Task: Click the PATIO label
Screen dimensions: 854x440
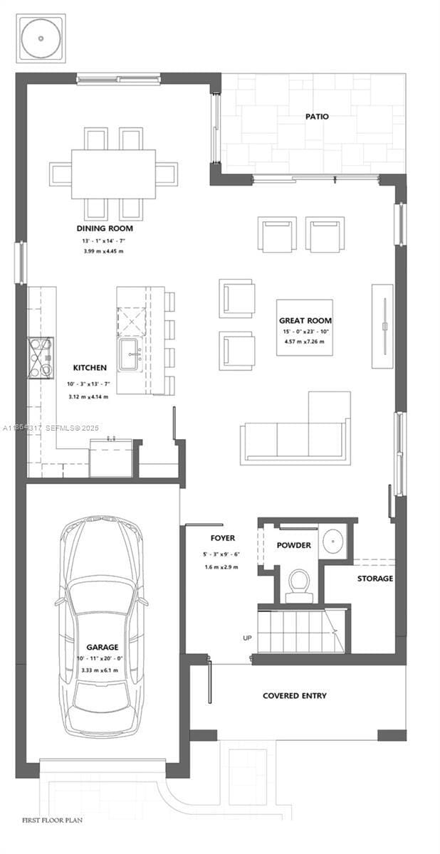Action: point(317,116)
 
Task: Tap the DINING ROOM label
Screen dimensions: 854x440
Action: point(105,228)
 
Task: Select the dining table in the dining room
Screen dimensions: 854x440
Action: point(113,174)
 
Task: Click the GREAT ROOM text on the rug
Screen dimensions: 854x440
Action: point(305,320)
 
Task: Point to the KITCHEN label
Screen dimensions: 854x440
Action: point(90,368)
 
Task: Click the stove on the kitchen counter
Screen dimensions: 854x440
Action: point(40,357)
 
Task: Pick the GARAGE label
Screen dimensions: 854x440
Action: point(102,647)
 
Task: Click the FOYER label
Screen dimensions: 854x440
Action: point(222,538)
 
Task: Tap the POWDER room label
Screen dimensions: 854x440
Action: point(293,545)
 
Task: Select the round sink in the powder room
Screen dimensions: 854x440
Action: point(334,542)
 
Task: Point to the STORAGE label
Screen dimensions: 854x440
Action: point(374,579)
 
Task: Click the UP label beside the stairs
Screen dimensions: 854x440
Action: point(247,638)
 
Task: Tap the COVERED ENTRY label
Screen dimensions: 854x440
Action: point(295,695)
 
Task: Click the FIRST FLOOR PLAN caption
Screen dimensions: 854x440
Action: point(52,821)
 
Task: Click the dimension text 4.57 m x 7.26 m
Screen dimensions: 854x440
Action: point(305,342)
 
